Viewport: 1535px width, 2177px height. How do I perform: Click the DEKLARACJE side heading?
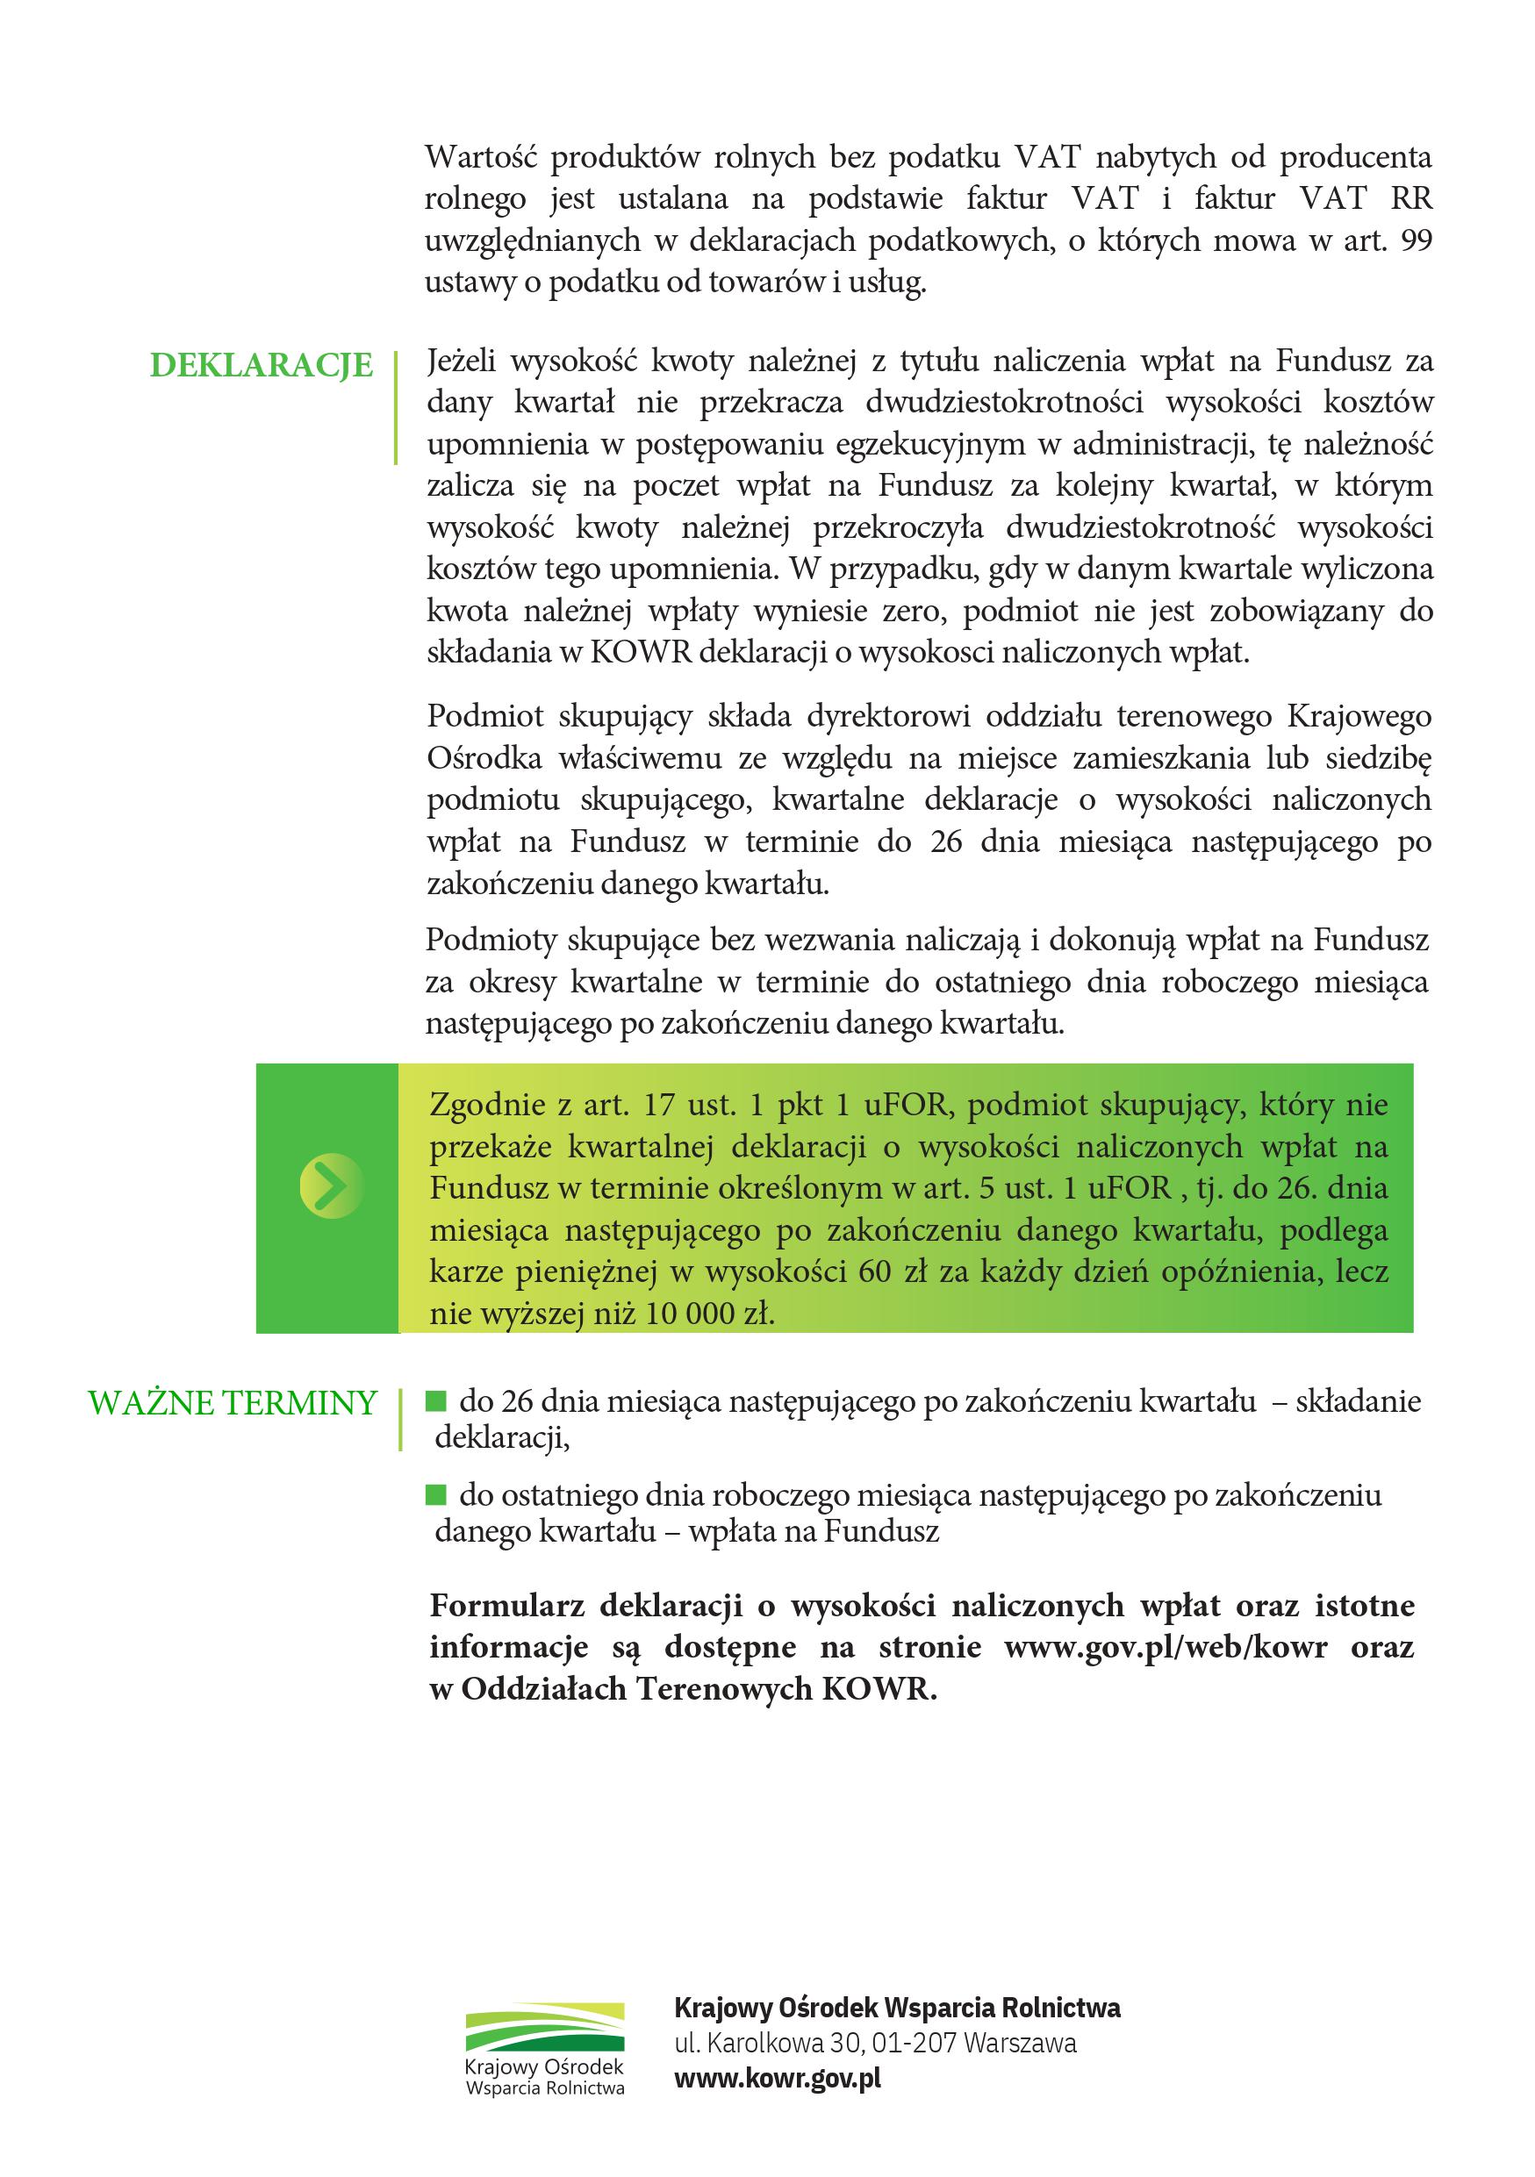point(261,365)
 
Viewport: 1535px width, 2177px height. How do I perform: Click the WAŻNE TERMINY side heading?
point(233,1403)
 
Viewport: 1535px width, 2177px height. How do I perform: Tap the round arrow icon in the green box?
point(331,1185)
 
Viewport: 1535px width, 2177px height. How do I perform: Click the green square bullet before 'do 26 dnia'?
point(436,1400)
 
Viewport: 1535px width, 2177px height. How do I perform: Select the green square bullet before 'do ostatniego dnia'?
point(436,1495)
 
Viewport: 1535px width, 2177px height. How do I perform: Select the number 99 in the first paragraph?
point(1416,240)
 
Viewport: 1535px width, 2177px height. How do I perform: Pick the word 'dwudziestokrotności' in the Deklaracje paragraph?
point(1004,403)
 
